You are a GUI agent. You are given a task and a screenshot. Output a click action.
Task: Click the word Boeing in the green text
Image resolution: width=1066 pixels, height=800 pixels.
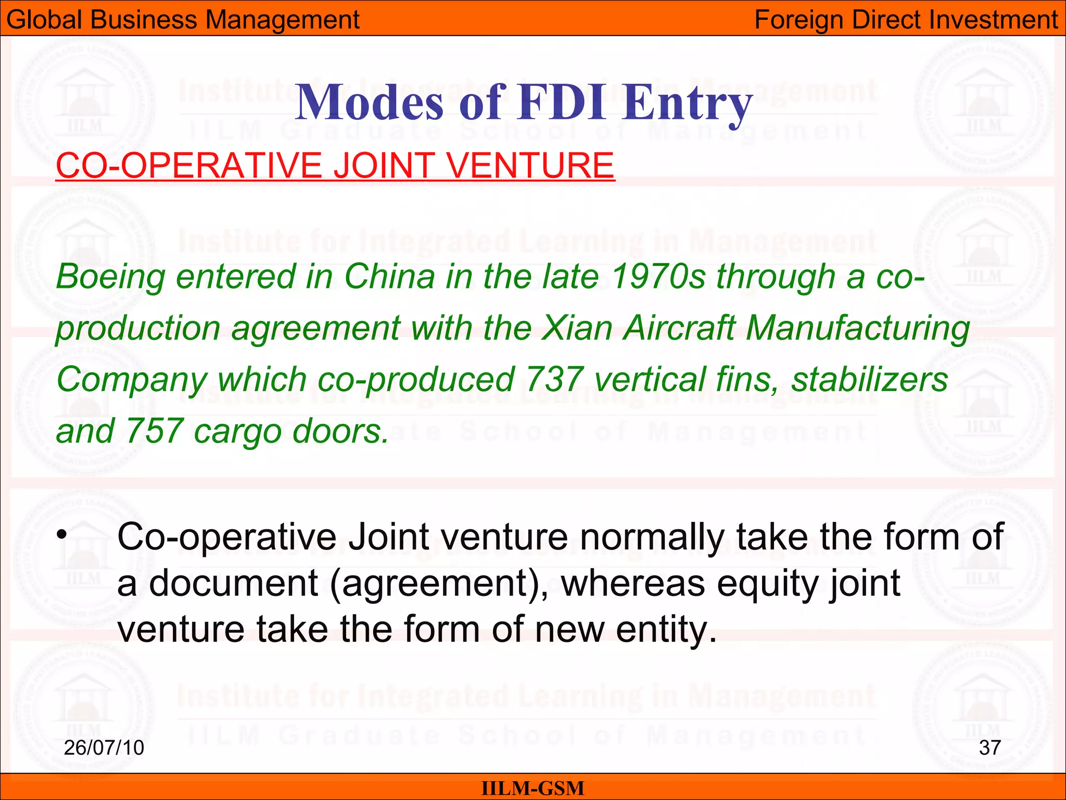pyautogui.click(x=110, y=277)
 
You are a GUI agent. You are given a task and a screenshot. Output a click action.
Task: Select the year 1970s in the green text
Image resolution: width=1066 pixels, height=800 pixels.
pyautogui.click(x=658, y=276)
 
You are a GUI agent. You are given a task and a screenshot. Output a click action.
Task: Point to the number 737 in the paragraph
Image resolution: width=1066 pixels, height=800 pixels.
pyautogui.click(x=553, y=379)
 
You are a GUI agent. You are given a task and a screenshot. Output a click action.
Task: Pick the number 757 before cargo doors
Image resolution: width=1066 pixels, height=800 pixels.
pyautogui.click(x=154, y=431)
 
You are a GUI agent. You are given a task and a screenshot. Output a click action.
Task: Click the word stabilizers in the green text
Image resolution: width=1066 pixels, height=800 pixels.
pyautogui.click(x=869, y=379)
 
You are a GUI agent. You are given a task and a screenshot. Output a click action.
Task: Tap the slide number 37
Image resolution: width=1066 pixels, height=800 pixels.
pyautogui.click(x=989, y=748)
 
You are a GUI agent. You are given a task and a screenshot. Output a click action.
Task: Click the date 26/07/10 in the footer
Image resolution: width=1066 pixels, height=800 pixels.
pyautogui.click(x=104, y=748)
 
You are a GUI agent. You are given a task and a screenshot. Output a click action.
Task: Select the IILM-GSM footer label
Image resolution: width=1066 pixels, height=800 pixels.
pyautogui.click(x=532, y=789)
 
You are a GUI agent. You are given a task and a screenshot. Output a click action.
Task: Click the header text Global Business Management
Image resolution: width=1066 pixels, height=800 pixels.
pyautogui.click(x=183, y=20)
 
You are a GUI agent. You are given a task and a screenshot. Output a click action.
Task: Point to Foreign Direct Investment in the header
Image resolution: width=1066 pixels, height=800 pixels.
pyautogui.click(x=906, y=20)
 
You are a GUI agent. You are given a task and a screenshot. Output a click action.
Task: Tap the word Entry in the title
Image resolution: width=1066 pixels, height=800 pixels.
pyautogui.click(x=689, y=103)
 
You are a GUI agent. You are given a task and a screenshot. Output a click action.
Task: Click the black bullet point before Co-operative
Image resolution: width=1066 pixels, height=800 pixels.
pyautogui.click(x=62, y=534)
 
